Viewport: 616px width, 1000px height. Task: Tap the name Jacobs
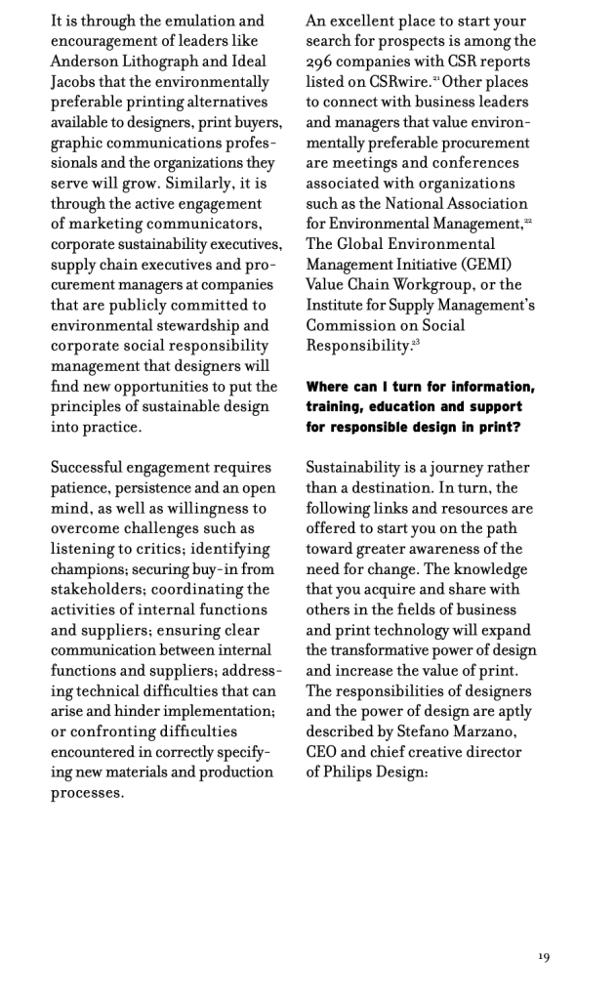(76, 81)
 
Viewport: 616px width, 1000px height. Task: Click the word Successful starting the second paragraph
(91, 468)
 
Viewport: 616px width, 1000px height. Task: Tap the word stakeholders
(98, 591)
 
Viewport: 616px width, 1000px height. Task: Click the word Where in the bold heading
(329, 387)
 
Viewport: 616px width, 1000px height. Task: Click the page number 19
(544, 957)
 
